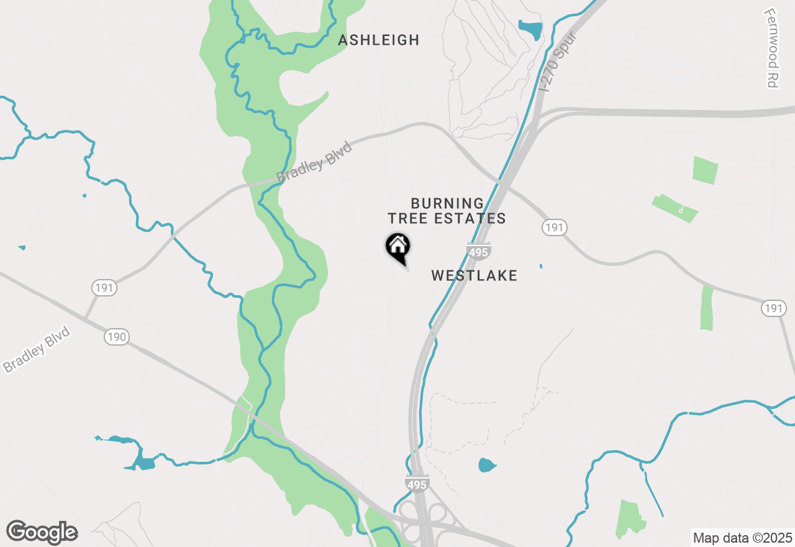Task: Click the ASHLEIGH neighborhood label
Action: tap(379, 40)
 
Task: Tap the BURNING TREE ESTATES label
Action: tap(447, 211)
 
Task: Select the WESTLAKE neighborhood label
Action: tap(474, 275)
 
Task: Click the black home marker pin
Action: tap(397, 246)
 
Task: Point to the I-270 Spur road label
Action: tap(558, 62)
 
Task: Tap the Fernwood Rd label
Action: tap(772, 48)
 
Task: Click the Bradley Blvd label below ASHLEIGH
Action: tap(314, 162)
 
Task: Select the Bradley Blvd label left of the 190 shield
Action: tap(36, 350)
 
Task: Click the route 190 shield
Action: tap(116, 338)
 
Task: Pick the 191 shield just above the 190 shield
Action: tap(104, 288)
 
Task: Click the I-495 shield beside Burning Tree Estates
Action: tap(479, 252)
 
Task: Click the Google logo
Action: tap(42, 532)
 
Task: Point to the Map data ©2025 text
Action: tap(742, 537)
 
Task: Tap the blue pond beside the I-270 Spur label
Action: tap(530, 29)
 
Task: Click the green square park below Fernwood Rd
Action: tap(705, 170)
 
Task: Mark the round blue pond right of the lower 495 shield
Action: tap(487, 464)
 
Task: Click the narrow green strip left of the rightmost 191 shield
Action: tap(707, 308)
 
